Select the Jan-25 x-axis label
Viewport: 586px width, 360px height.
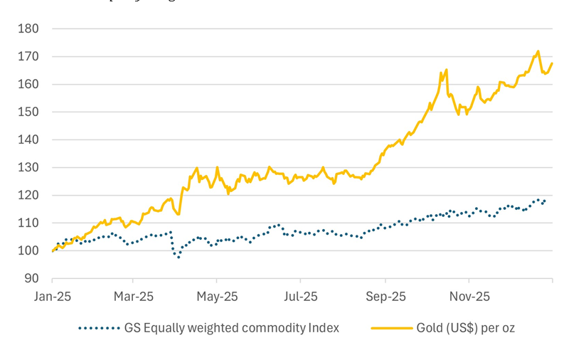pos(52,295)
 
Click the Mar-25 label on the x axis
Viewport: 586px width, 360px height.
pos(134,295)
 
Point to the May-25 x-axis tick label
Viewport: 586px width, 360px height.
pos(217,295)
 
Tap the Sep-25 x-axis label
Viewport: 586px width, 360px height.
pos(385,295)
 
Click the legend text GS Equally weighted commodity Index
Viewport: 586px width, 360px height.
pos(232,328)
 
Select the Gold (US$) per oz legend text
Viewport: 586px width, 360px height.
pos(465,328)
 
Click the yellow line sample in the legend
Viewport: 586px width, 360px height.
pos(391,328)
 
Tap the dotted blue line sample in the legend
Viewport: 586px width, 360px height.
pos(98,328)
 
